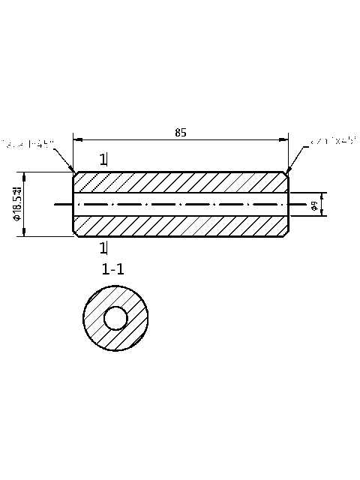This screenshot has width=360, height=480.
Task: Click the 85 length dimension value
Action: tap(181, 133)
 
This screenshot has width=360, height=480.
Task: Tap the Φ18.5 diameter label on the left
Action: tap(17, 205)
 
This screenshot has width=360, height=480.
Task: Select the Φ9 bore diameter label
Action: tap(315, 204)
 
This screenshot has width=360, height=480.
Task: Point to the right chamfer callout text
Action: tap(333, 140)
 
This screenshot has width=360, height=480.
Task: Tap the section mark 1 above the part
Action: tap(103, 159)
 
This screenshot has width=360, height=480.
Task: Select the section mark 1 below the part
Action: tap(103, 248)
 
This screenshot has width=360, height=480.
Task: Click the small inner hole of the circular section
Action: tap(116, 319)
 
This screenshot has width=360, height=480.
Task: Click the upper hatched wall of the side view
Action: tap(180, 182)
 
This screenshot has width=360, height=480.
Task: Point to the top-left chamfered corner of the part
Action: tap(74, 174)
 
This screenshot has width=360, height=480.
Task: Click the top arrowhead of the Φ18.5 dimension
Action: tap(25, 175)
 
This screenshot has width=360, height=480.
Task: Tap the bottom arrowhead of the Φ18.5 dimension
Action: tap(25, 233)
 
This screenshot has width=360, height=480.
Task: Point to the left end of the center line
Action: tap(56, 204)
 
